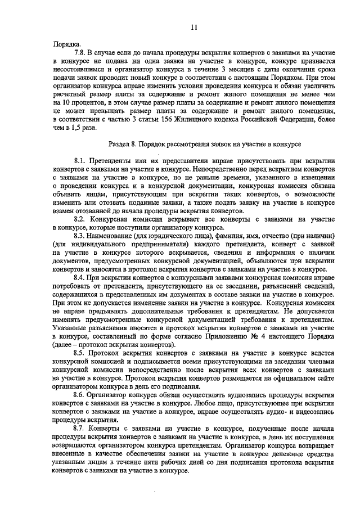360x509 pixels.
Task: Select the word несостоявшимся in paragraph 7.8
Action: coord(83,69)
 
